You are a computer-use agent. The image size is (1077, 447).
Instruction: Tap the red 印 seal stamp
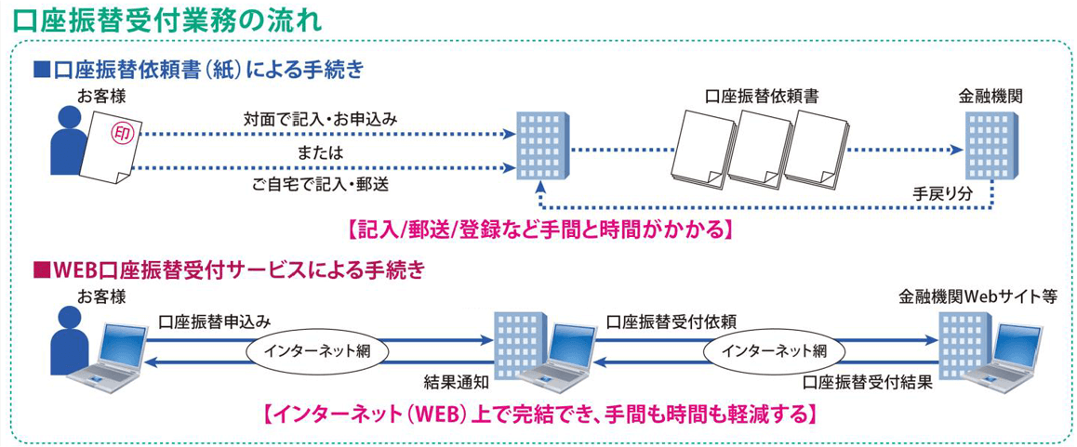click(122, 134)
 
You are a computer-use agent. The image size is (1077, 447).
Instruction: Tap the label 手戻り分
click(941, 192)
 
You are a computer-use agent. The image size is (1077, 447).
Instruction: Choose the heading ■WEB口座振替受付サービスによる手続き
click(229, 270)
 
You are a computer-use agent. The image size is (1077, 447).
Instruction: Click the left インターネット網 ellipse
click(316, 350)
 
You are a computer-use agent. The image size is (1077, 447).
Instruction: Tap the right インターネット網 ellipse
click(774, 350)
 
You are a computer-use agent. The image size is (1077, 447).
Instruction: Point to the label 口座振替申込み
click(215, 322)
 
